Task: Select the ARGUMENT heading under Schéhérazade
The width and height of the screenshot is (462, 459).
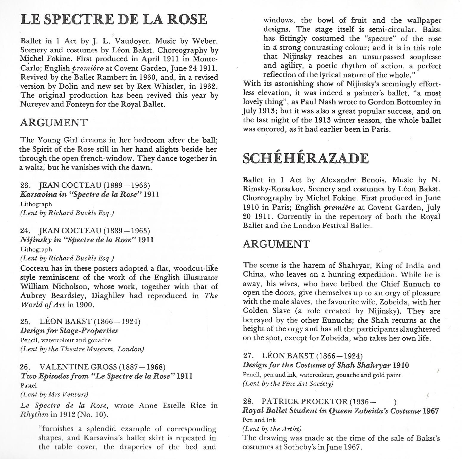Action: click(276, 244)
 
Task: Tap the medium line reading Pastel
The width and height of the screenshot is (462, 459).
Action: click(28, 385)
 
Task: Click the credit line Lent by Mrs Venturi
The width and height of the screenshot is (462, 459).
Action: click(54, 394)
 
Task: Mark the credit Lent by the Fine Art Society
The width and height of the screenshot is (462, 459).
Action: click(288, 383)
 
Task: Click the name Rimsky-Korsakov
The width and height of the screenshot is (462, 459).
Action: click(274, 189)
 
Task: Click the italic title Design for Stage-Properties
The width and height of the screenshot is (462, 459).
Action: click(69, 331)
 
